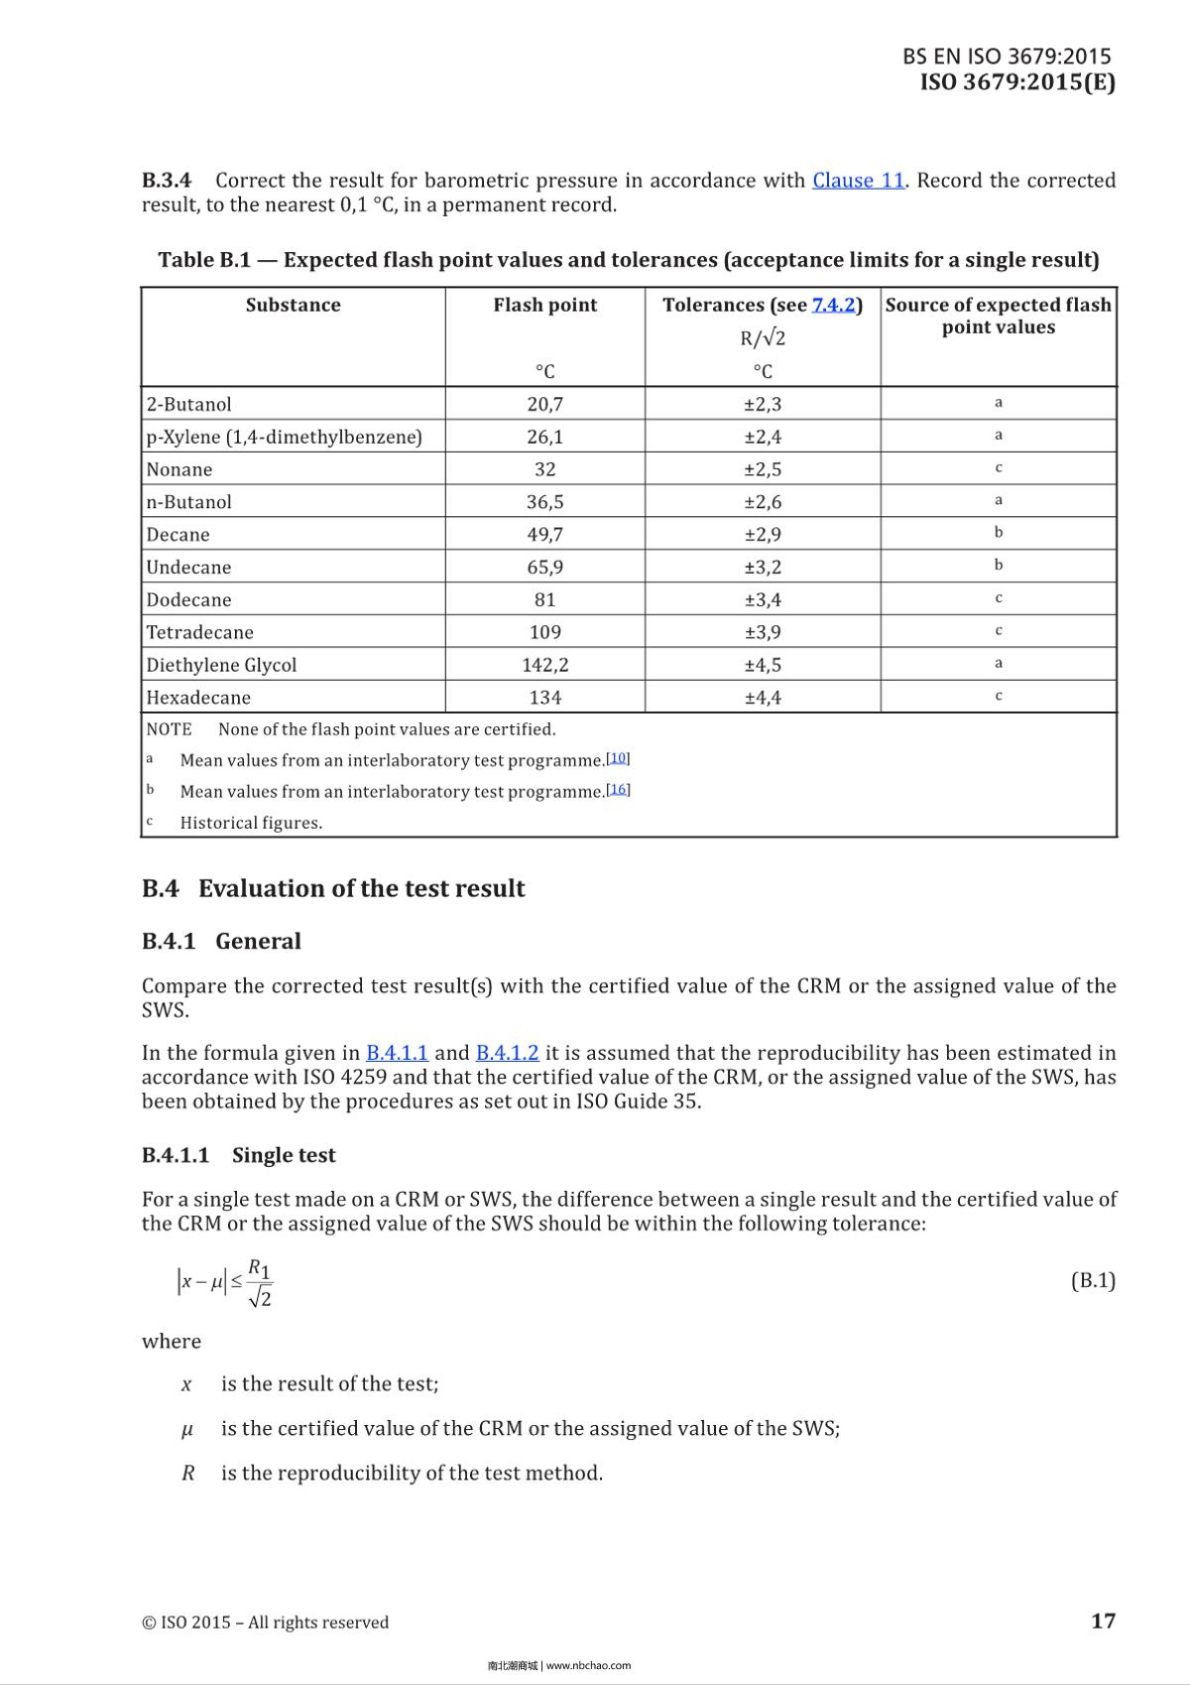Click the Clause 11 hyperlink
(x=858, y=181)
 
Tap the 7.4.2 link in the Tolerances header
(x=833, y=305)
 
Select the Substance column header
(x=293, y=305)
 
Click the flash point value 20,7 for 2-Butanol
(x=544, y=404)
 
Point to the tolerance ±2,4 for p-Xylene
(x=763, y=437)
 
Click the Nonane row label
(x=179, y=469)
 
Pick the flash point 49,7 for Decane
(x=544, y=535)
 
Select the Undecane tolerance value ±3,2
(x=763, y=568)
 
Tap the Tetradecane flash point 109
(x=544, y=632)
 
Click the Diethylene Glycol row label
(x=221, y=665)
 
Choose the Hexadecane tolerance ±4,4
(x=763, y=698)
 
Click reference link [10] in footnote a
(x=618, y=758)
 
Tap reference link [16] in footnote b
(x=618, y=790)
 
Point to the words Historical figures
(x=251, y=823)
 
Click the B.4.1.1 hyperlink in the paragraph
(x=397, y=1053)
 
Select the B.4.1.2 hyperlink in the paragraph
(x=507, y=1053)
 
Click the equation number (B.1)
(x=1093, y=1280)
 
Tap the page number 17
(x=1103, y=1620)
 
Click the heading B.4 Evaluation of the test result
(x=333, y=888)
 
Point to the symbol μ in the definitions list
(x=187, y=1429)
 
